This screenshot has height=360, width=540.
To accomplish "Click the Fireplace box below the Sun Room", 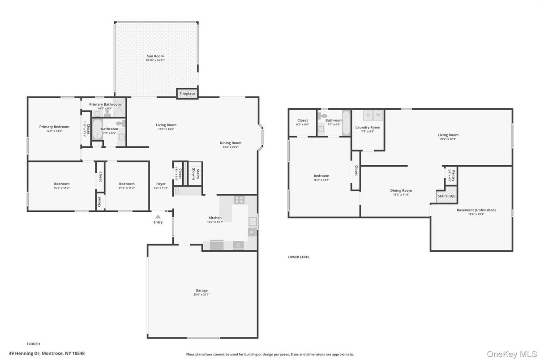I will click(x=187, y=94).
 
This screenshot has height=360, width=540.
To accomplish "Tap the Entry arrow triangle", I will click(x=158, y=216).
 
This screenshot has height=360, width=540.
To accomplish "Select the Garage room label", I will click(x=201, y=290).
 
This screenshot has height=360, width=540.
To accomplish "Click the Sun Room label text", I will click(x=155, y=56).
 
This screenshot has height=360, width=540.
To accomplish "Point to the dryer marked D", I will click(x=368, y=115).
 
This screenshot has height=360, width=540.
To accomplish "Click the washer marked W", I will click(x=378, y=115).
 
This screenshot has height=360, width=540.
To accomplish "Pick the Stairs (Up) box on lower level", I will click(x=446, y=196).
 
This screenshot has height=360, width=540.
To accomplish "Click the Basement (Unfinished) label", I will click(x=476, y=210).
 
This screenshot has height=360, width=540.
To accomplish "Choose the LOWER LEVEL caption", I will click(x=298, y=257).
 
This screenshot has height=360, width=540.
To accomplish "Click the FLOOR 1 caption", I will click(x=34, y=344).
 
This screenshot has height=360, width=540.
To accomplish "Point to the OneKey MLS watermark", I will click(x=512, y=354).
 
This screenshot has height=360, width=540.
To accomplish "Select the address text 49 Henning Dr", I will click(x=47, y=353).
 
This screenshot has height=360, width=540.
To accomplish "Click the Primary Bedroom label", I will click(x=54, y=127).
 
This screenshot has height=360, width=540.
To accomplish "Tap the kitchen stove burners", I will click(x=239, y=200).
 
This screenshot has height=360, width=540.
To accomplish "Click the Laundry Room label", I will click(x=368, y=127).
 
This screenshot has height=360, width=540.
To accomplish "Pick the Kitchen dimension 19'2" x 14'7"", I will click(x=215, y=222).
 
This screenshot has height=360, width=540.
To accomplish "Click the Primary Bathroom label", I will click(x=105, y=104).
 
